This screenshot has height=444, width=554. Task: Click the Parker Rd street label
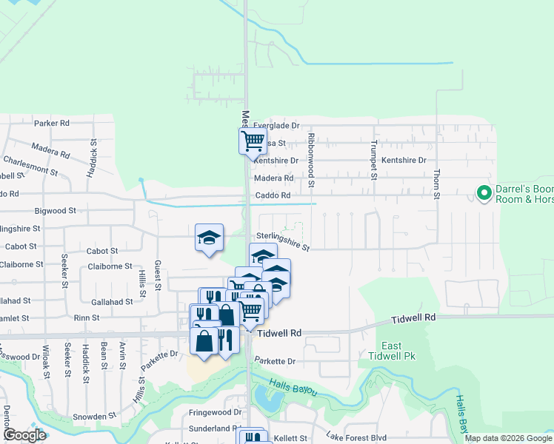(51, 123)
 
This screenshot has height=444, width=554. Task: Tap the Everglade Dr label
(276, 126)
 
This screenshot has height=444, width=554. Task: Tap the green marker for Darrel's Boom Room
(484, 193)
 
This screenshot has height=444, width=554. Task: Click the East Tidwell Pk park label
(392, 351)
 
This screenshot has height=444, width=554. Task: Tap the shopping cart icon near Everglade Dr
(253, 140)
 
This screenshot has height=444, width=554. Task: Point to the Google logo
(24, 434)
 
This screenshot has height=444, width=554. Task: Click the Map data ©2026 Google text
(507, 438)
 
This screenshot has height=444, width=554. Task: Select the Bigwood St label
(56, 211)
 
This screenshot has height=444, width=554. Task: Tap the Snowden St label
(90, 417)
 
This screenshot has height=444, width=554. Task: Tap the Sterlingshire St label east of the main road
(284, 243)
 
